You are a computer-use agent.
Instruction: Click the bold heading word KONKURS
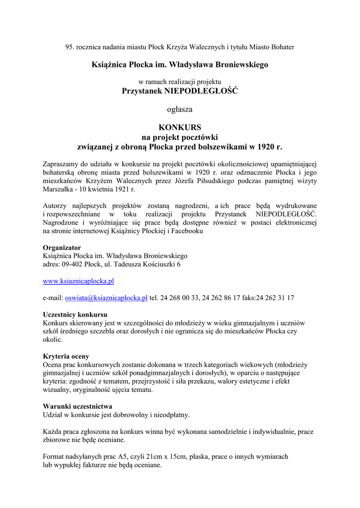[x=180, y=127]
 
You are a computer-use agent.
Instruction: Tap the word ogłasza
[x=180, y=109]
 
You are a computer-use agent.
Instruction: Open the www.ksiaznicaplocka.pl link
[x=78, y=281]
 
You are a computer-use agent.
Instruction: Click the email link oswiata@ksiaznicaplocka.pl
[x=106, y=298]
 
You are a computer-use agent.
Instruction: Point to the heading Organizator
[x=62, y=248]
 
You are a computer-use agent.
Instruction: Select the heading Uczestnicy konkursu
[x=75, y=315]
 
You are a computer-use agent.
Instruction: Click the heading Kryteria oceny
[x=66, y=356]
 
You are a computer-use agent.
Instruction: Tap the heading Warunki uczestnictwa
[x=77, y=406]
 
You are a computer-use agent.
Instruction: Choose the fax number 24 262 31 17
[x=276, y=298]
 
